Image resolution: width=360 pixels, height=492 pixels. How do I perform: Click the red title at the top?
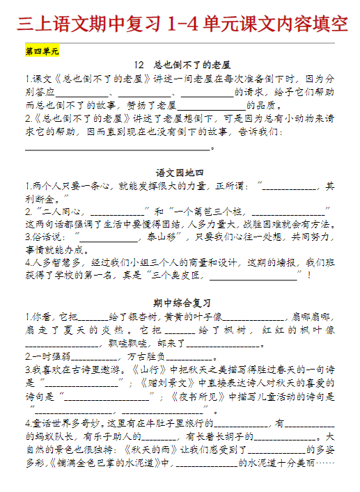(x=180, y=24)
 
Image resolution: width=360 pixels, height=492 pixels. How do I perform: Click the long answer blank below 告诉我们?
(x=117, y=147)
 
